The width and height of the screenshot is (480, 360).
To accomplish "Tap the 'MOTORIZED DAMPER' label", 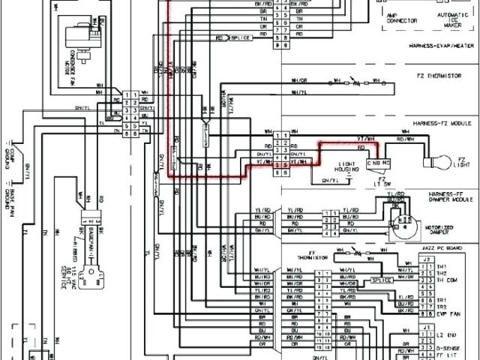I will [447, 221].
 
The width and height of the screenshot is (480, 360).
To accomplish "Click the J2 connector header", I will [427, 259].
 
